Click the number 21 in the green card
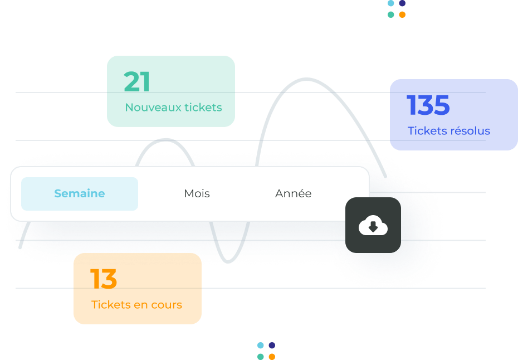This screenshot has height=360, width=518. [x=137, y=82]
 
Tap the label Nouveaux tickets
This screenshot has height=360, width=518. [x=173, y=108]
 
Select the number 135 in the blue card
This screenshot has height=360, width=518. [x=428, y=105]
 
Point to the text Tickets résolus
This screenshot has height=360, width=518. [x=448, y=130]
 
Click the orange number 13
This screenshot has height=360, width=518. [x=104, y=279]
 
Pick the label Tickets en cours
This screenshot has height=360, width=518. [x=136, y=304]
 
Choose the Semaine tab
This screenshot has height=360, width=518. [x=80, y=194]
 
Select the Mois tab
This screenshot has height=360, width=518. [x=197, y=193]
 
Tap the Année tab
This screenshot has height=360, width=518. [x=294, y=193]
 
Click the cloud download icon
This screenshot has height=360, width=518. [x=373, y=225]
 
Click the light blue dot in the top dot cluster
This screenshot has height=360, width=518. [x=391, y=3]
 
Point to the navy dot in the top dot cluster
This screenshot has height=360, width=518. [x=402, y=3]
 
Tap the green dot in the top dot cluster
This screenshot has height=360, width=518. [x=391, y=14]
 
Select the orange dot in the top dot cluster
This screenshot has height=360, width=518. [x=402, y=14]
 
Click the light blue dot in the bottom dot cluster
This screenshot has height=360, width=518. [x=261, y=346]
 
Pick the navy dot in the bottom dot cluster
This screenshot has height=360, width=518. [x=272, y=346]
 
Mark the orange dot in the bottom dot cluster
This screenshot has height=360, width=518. [x=272, y=357]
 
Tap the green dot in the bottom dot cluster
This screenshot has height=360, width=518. [x=261, y=357]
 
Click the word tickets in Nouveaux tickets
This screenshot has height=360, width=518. [x=203, y=108]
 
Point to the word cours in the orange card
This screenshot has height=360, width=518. [x=167, y=305]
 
